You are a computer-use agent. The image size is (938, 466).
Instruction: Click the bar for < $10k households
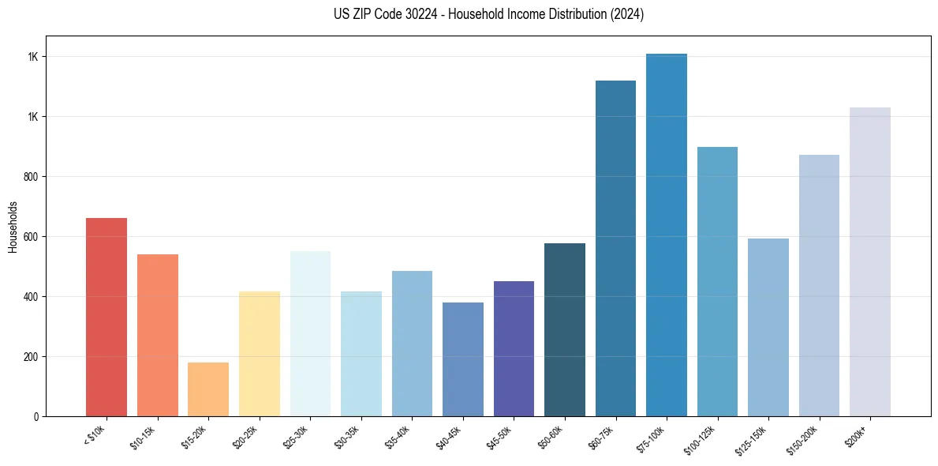107,317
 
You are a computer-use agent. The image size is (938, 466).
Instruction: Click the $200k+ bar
870,261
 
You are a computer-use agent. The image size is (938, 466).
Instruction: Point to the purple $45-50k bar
514,348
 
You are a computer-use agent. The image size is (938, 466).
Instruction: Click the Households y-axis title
13,227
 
